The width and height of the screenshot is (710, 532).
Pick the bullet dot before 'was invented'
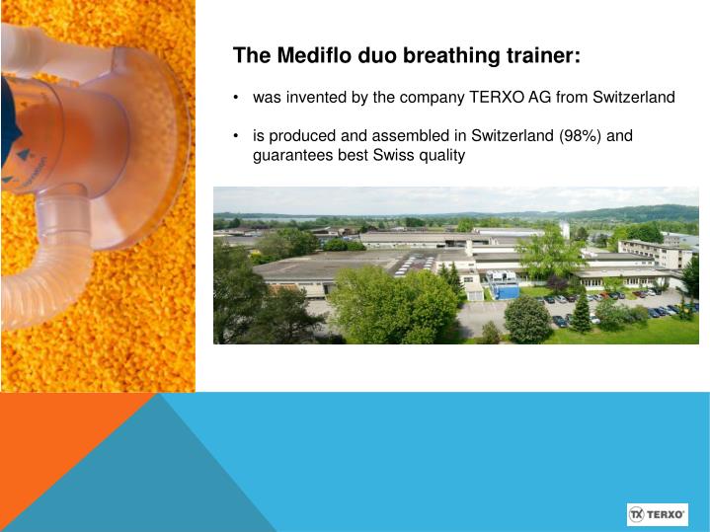click(x=237, y=98)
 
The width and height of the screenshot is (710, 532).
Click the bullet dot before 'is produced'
click(x=237, y=135)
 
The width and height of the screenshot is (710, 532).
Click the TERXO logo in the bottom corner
click(x=657, y=514)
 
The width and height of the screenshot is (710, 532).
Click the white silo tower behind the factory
click(x=564, y=229)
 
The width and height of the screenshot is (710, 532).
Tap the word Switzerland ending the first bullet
click(x=633, y=98)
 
